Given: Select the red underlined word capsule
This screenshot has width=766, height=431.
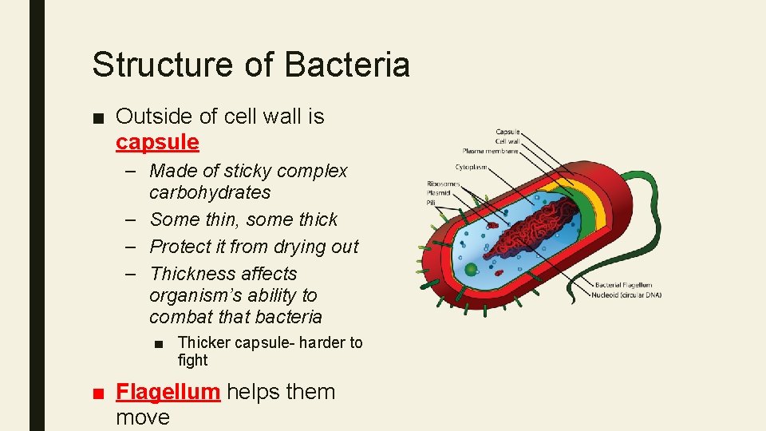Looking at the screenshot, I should pyautogui.click(x=157, y=143).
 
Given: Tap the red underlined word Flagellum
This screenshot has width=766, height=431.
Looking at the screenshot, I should pyautogui.click(x=168, y=392).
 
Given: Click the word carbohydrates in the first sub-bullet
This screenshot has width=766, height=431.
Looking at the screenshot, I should pyautogui.click(x=210, y=192).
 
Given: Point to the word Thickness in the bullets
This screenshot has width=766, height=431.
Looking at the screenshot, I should pyautogui.click(x=195, y=274).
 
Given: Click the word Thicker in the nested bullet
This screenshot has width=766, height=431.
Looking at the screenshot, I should pyautogui.click(x=206, y=342).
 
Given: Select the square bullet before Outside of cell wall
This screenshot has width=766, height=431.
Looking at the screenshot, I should pyautogui.click(x=98, y=118).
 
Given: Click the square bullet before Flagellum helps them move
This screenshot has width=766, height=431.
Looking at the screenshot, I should pyautogui.click(x=98, y=393).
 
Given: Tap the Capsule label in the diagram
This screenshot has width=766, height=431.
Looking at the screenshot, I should pyautogui.click(x=507, y=132).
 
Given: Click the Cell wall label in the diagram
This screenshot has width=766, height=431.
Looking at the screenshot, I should pyautogui.click(x=507, y=141).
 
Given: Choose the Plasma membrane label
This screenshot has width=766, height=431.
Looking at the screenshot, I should pyautogui.click(x=490, y=151).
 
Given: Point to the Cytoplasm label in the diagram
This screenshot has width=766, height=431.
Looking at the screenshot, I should pyautogui.click(x=472, y=168).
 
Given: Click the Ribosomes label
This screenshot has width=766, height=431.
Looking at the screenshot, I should pyautogui.click(x=443, y=184).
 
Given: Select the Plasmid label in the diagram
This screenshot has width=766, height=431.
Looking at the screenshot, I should pyautogui.click(x=438, y=193).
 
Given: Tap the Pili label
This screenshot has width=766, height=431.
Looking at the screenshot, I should pyautogui.click(x=431, y=203).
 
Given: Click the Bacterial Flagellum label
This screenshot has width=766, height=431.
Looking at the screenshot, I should pyautogui.click(x=623, y=285).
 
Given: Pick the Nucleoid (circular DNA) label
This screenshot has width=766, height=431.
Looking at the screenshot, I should pyautogui.click(x=626, y=295).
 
